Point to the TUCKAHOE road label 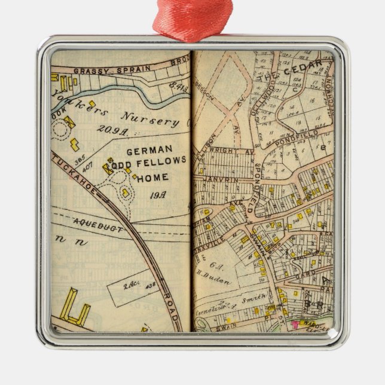pos(74,170)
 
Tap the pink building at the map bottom pos(295,325)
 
